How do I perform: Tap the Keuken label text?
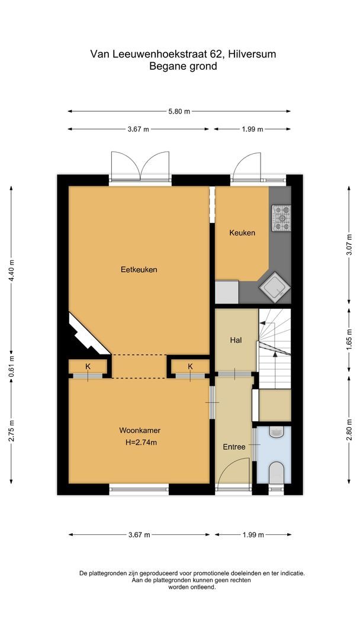pos(242,233)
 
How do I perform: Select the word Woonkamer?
pos(140,431)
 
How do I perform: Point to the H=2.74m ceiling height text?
pos(140,442)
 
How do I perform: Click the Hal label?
pos(236,340)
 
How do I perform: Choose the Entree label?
pos(234,447)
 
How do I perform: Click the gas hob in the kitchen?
pos(281,218)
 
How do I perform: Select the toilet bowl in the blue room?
pos(277,473)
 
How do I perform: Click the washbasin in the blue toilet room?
pos(277,433)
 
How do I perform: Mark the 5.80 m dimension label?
pos(179,111)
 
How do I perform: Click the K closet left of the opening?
pos(88,367)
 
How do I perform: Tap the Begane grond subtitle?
pos(183,66)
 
